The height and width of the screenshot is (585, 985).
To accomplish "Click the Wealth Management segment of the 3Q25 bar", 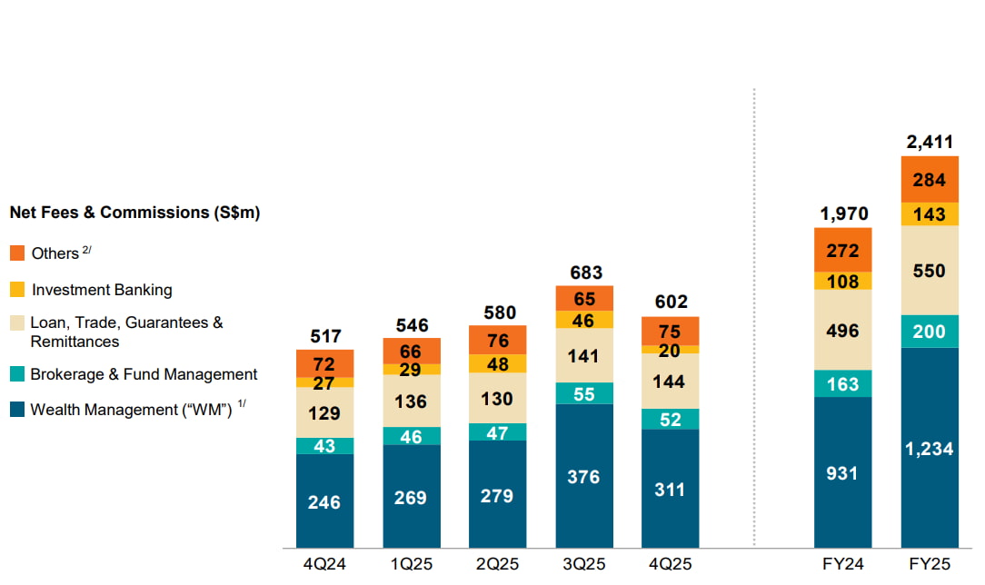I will (583, 476).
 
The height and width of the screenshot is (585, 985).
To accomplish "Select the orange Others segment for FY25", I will (930, 180).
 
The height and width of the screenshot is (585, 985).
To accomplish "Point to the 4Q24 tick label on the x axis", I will (324, 564).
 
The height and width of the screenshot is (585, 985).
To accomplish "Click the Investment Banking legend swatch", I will (18, 290).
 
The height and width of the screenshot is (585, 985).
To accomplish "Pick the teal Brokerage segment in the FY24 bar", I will (842, 383).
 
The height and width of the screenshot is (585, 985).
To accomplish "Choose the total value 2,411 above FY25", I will (930, 142).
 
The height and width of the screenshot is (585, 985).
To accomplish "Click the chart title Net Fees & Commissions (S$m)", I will (134, 213).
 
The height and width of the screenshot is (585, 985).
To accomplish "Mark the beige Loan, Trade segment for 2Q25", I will (497, 398).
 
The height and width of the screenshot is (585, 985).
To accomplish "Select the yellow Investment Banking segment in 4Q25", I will (671, 349).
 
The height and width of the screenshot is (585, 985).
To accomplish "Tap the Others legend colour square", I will (18, 253).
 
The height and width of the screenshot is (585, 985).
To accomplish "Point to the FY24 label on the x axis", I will (842, 564).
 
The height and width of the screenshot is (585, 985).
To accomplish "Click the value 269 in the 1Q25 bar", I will (411, 497).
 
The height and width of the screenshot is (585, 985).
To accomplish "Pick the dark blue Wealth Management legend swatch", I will (18, 410).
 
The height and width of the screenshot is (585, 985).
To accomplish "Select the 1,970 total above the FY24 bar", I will (842, 213).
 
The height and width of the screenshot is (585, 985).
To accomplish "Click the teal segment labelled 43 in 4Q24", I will (324, 446).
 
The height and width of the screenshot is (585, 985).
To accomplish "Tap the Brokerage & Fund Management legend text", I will (144, 374).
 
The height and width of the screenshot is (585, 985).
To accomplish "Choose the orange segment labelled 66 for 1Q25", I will (411, 351).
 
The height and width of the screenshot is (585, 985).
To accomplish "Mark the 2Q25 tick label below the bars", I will (497, 564).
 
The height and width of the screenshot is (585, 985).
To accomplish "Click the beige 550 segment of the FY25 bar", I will (930, 271).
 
